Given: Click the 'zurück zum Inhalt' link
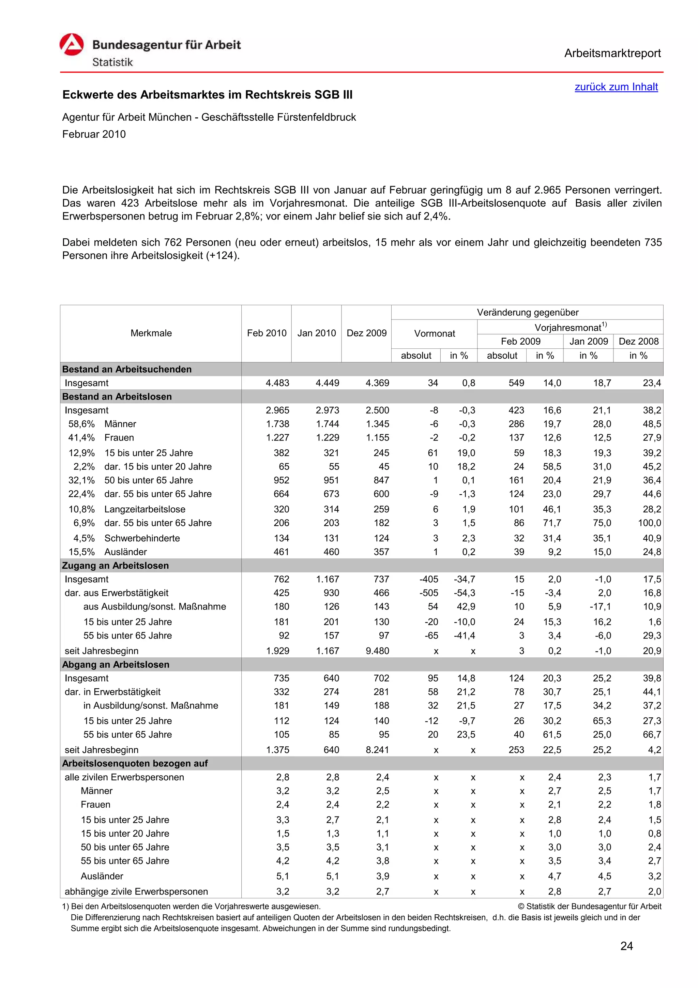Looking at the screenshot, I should [616, 87].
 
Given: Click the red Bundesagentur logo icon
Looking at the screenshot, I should [71, 45].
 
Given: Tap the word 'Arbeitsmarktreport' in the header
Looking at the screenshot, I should [612, 54].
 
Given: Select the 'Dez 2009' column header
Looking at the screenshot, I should [366, 333].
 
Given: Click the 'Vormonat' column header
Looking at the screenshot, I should [434, 333].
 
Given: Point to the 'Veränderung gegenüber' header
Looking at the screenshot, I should [527, 312].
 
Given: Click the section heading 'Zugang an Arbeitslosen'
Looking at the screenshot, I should [115, 566].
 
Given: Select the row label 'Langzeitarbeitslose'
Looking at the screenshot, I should [145, 509].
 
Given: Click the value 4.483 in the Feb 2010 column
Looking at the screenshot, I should [277, 383].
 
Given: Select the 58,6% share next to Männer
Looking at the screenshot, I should [81, 424].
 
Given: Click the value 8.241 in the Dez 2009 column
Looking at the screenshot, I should [377, 750].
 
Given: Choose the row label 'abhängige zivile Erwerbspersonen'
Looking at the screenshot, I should [136, 891].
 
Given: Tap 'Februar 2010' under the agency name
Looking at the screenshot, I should [94, 134].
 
